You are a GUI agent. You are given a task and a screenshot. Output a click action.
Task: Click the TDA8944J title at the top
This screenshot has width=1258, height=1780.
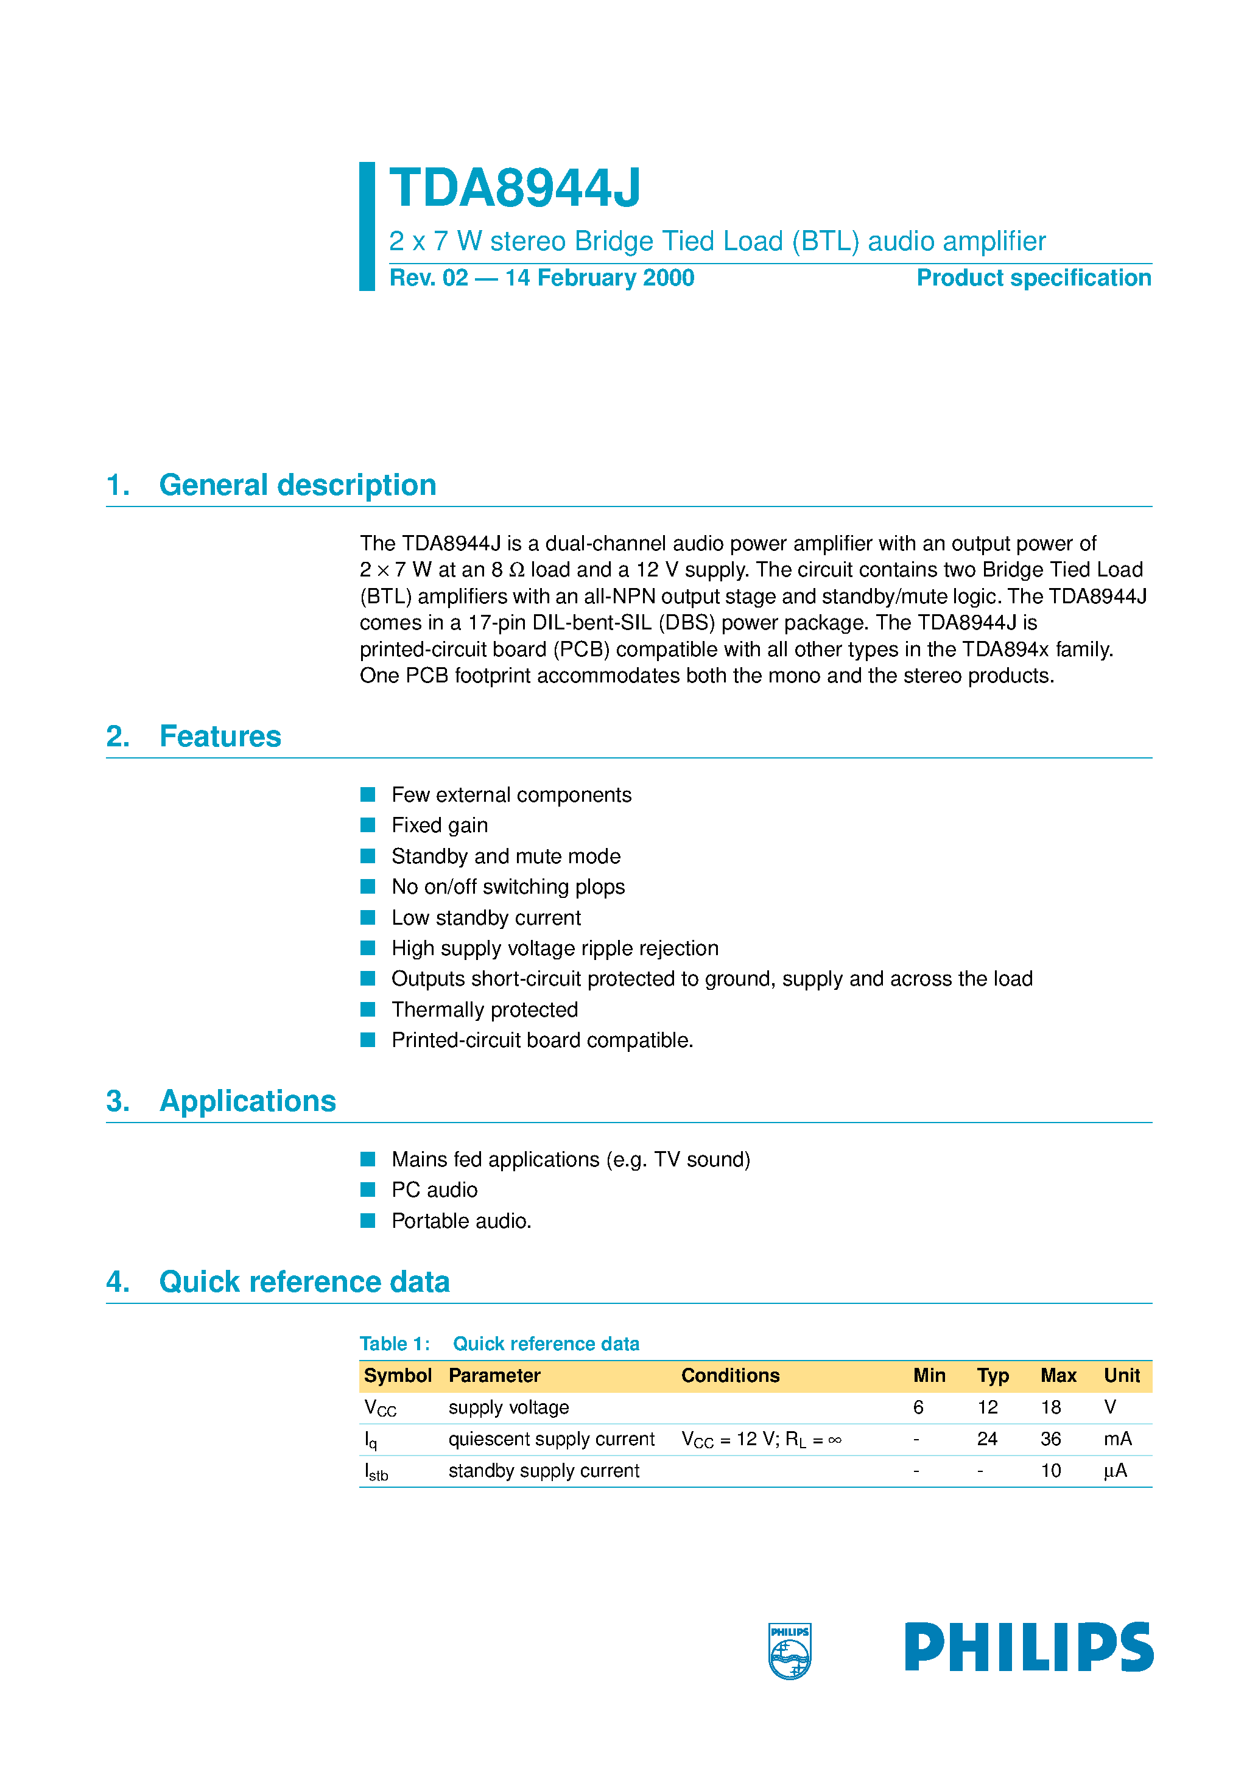tap(515, 188)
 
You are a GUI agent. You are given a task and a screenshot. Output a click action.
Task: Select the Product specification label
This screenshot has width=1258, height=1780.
tap(1033, 278)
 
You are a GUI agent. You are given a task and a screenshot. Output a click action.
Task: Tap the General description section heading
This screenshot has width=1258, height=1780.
tap(297, 485)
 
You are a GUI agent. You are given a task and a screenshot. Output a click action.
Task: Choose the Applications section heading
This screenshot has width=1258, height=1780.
tap(247, 1101)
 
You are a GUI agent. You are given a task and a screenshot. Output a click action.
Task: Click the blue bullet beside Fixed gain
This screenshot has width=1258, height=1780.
tap(368, 825)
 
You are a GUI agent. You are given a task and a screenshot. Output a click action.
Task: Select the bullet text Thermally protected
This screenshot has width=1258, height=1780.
tap(485, 1009)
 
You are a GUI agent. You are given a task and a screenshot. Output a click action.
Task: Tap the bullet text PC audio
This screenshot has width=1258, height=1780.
tap(434, 1190)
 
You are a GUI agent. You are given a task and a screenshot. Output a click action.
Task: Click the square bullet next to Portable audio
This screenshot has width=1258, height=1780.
tap(368, 1221)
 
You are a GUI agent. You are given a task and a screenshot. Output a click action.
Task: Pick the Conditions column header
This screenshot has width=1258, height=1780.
tap(730, 1375)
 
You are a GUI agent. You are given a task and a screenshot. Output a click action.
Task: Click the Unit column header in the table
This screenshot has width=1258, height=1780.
tap(1122, 1375)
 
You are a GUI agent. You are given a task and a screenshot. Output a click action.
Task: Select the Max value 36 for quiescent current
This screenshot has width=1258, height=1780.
tap(1050, 1439)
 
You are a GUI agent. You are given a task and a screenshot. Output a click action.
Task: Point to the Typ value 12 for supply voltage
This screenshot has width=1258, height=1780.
tap(987, 1407)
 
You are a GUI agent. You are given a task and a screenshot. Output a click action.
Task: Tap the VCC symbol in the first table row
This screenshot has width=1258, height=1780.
tap(380, 1408)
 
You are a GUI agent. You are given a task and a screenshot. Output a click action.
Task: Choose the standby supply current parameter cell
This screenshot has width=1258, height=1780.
tap(544, 1471)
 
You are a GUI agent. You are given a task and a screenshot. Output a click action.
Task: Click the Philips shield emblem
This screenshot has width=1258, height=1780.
tap(790, 1650)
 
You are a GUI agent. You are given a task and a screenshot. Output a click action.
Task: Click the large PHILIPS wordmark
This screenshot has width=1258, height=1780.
tap(1028, 1647)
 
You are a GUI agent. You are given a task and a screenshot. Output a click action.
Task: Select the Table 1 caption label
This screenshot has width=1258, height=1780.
tap(395, 1344)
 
